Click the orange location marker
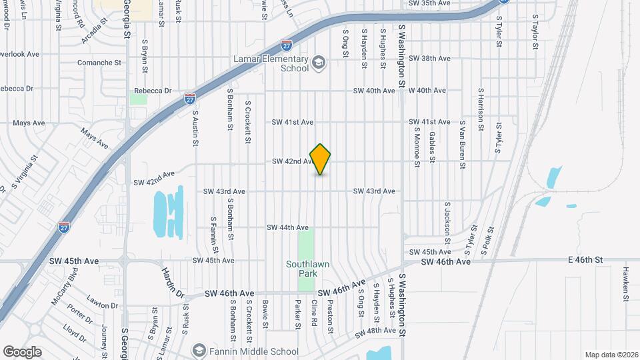coord(321,159)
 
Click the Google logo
coord(22,351)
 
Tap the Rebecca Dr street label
coord(153,91)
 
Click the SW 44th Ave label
coord(287,227)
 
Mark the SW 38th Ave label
coord(429,58)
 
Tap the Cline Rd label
coord(313,313)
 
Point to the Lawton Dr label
coord(103,306)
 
